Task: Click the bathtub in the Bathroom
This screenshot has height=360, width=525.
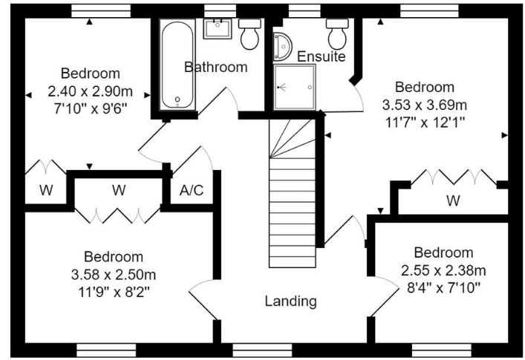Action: (x=177, y=65)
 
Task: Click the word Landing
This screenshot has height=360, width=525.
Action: (x=291, y=301)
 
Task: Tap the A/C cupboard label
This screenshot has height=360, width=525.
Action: (x=192, y=190)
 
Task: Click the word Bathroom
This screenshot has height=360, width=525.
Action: (x=215, y=67)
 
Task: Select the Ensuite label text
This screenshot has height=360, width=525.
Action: (x=322, y=56)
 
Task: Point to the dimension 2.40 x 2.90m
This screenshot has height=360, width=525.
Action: (x=90, y=92)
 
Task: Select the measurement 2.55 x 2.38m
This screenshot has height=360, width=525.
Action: (x=443, y=269)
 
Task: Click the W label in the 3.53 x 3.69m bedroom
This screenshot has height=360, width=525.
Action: (x=451, y=200)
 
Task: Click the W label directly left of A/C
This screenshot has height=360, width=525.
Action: (x=119, y=190)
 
